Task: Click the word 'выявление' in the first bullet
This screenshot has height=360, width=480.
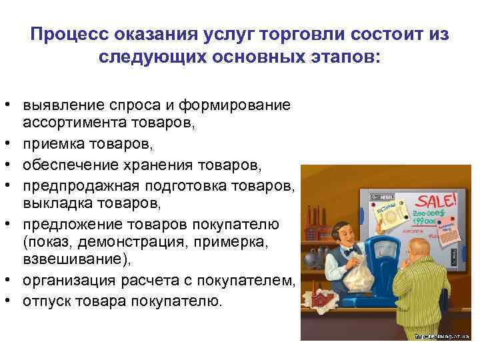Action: [56, 105]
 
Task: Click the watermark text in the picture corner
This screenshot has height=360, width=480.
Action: [444, 337]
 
